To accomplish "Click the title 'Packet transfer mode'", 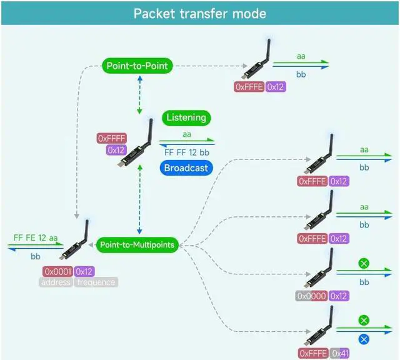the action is [200, 14].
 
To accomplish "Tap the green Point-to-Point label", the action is [137, 66].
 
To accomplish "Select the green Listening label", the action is [186, 117].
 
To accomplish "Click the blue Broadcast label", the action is [186, 168].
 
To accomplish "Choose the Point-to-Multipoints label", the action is [137, 244].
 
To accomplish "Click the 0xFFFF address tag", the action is [112, 138].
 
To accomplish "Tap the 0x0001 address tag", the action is [58, 271].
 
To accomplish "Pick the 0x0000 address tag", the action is [311, 296].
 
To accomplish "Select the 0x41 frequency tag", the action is [339, 353].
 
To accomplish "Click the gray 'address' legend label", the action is [56, 282].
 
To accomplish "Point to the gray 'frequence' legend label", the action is [96, 282].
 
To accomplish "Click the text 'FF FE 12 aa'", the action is [36, 238].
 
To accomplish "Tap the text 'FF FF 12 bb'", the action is [187, 152].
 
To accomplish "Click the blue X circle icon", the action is [364, 339].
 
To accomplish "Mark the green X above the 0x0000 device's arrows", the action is [364, 263].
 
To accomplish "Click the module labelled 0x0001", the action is [74, 240].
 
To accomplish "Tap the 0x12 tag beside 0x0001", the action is [84, 271].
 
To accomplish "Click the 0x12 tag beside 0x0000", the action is [339, 296].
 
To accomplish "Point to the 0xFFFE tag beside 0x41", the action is [313, 353].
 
